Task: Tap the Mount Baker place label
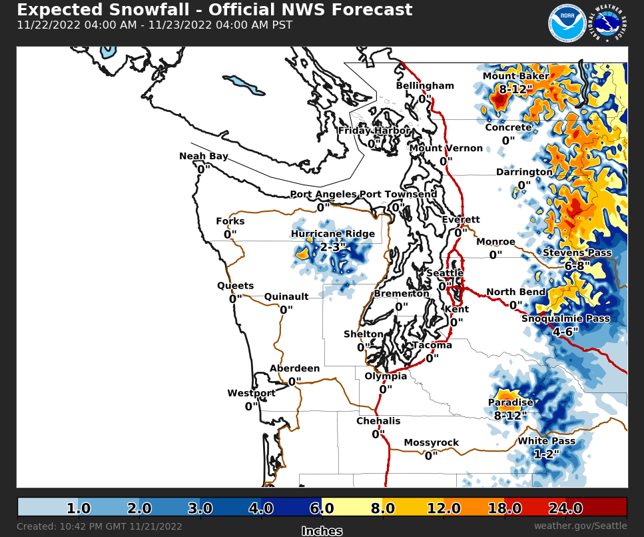click(x=515, y=76)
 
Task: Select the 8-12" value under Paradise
click(x=510, y=415)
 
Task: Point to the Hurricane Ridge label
click(x=332, y=234)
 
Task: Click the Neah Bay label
click(x=204, y=157)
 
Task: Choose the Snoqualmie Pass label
click(x=565, y=318)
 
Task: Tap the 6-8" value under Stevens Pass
click(x=577, y=265)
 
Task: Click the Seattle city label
click(x=445, y=273)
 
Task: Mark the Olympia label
click(x=386, y=376)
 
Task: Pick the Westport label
click(x=251, y=393)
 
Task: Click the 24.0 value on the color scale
click(x=565, y=509)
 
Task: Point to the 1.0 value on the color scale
click(x=79, y=509)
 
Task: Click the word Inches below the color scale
click(x=322, y=531)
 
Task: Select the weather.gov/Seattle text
click(x=580, y=526)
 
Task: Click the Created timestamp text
click(x=99, y=526)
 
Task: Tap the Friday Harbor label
click(x=374, y=131)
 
